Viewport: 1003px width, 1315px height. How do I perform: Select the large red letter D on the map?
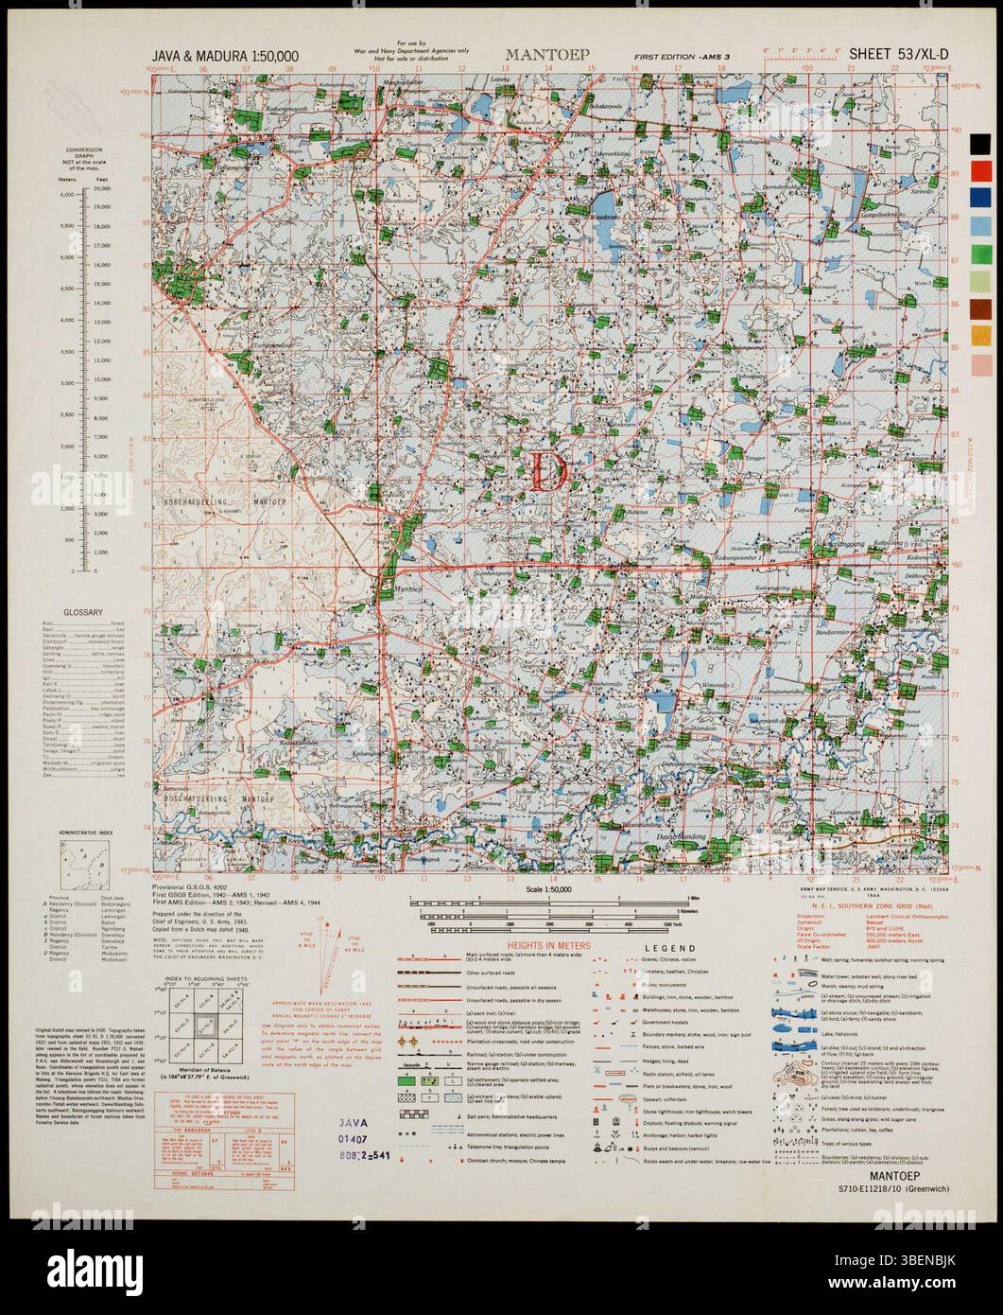547,471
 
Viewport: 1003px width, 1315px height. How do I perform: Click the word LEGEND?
671,949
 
